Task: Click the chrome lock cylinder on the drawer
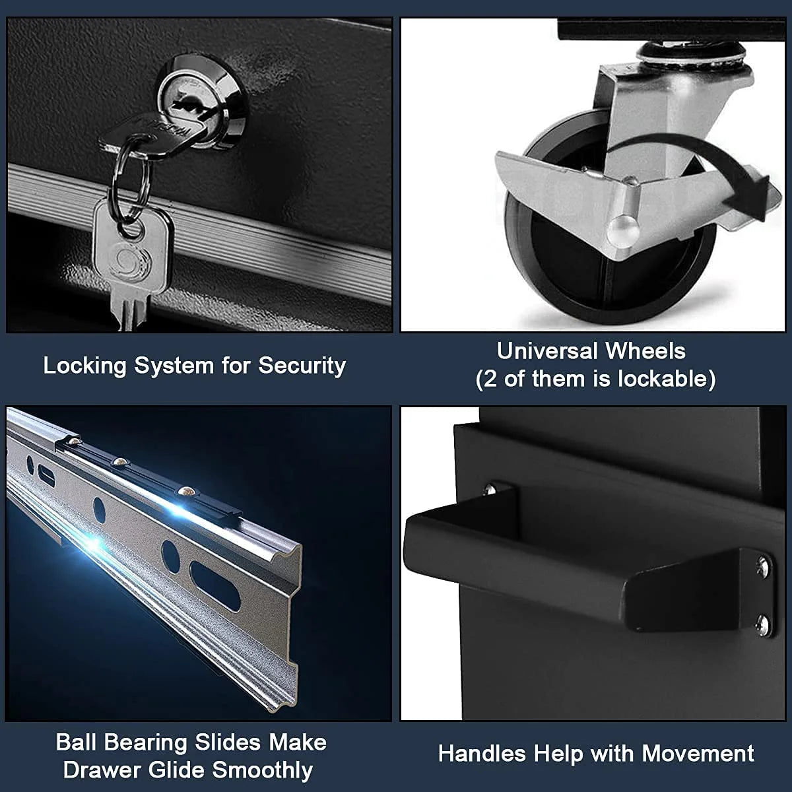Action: coord(202,102)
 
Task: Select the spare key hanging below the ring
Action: coord(131,264)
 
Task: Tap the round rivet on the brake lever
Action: coord(622,231)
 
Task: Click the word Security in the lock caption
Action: coord(302,366)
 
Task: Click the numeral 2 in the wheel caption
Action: coord(491,379)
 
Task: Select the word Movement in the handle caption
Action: coord(698,754)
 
